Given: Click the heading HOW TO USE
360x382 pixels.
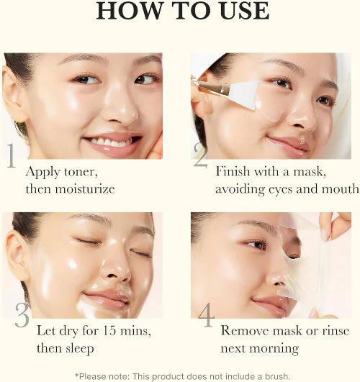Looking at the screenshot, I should tap(182, 11).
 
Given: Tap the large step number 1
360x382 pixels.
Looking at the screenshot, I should tap(12, 158).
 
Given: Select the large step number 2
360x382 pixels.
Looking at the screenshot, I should tap(200, 156).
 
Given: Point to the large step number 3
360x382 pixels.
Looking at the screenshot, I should tap(21, 317).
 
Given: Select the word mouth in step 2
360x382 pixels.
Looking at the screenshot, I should tap(341, 189).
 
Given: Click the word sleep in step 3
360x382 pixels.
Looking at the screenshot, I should tap(77, 348).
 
